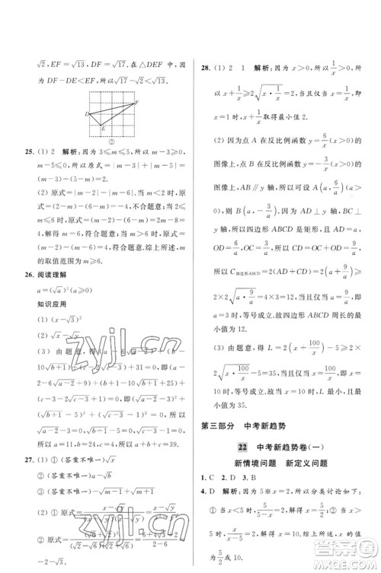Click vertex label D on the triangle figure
[x=87, y=114]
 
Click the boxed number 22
[x=241, y=447]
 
